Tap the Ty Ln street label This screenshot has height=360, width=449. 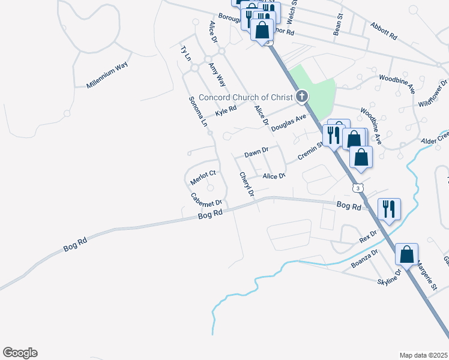[x=185, y=53]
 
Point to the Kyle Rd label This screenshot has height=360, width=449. [x=226, y=111]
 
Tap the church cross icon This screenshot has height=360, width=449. [x=301, y=96]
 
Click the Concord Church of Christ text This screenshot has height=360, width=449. [x=245, y=97]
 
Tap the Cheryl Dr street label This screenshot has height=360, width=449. [x=247, y=185]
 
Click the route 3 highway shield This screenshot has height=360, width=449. [x=358, y=187]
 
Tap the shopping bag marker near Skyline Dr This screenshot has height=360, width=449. [x=406, y=254]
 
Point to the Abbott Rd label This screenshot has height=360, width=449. [x=384, y=31]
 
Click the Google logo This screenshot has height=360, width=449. [x=20, y=353]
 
